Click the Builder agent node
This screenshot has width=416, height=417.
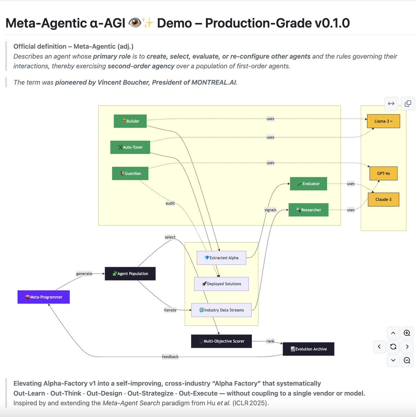click(x=130, y=121)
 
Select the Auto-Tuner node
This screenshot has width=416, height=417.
click(x=130, y=147)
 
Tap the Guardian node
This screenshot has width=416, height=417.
click(x=130, y=173)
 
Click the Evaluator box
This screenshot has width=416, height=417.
click(x=309, y=184)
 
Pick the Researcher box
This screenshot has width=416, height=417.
click(x=309, y=210)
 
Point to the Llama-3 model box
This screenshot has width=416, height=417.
click(x=383, y=121)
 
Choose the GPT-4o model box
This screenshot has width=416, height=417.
click(x=383, y=173)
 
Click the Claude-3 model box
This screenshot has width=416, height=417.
click(x=383, y=199)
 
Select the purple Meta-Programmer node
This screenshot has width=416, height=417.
click(x=44, y=297)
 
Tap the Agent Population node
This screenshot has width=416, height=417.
click(x=130, y=274)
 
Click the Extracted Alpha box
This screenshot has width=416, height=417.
click(x=221, y=258)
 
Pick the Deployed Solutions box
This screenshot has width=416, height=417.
click(x=221, y=284)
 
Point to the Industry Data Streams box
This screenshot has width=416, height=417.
click(x=221, y=310)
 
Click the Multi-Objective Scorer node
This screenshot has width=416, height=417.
click(x=221, y=341)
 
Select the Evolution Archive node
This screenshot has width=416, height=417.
click(x=309, y=349)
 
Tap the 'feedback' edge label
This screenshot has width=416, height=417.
click(x=170, y=357)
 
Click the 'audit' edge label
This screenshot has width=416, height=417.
click(x=170, y=204)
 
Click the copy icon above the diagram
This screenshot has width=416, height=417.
click(x=408, y=104)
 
